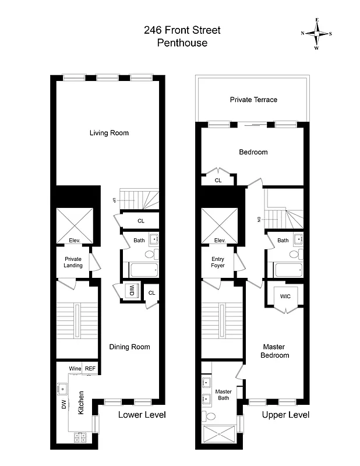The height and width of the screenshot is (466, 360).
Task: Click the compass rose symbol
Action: (x=316, y=33)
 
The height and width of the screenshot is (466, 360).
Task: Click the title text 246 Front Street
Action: (x=182, y=30)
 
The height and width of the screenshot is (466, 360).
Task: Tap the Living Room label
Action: (x=109, y=133)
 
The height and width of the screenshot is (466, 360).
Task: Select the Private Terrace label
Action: (x=253, y=100)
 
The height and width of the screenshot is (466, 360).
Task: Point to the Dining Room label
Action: (x=129, y=347)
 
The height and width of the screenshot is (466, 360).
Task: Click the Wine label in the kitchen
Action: (x=75, y=369)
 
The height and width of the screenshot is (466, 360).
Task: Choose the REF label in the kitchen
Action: (x=90, y=369)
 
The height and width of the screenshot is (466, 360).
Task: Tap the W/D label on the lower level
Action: (x=132, y=290)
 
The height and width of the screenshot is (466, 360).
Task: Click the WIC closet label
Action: (x=285, y=296)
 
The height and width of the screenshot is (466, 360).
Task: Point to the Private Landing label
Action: (x=73, y=262)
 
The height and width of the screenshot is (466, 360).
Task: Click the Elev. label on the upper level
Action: (x=220, y=241)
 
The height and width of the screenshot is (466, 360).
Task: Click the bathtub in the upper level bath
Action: (x=288, y=270)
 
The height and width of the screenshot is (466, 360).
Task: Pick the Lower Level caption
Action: (x=142, y=415)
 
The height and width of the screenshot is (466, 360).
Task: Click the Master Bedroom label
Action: (x=274, y=351)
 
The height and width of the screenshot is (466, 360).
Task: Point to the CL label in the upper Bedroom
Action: (x=218, y=181)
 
